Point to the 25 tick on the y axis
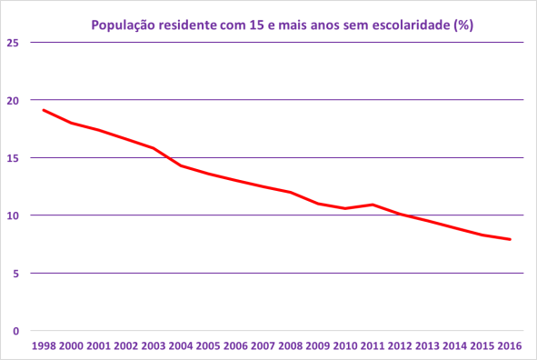[12, 42]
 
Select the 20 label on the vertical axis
[12, 100]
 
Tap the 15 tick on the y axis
[12, 157]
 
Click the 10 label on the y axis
[12, 215]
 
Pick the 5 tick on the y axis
[15, 273]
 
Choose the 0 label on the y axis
[15, 331]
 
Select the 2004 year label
[180, 347]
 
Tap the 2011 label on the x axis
[373, 347]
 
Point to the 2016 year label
[510, 347]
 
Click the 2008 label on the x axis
[290, 347]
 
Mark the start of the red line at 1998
[43, 110]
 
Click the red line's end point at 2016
[511, 240]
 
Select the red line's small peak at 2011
[373, 205]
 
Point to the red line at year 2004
[180, 165]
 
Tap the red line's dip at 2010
[345, 208]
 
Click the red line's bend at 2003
[153, 148]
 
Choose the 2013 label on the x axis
[427, 347]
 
